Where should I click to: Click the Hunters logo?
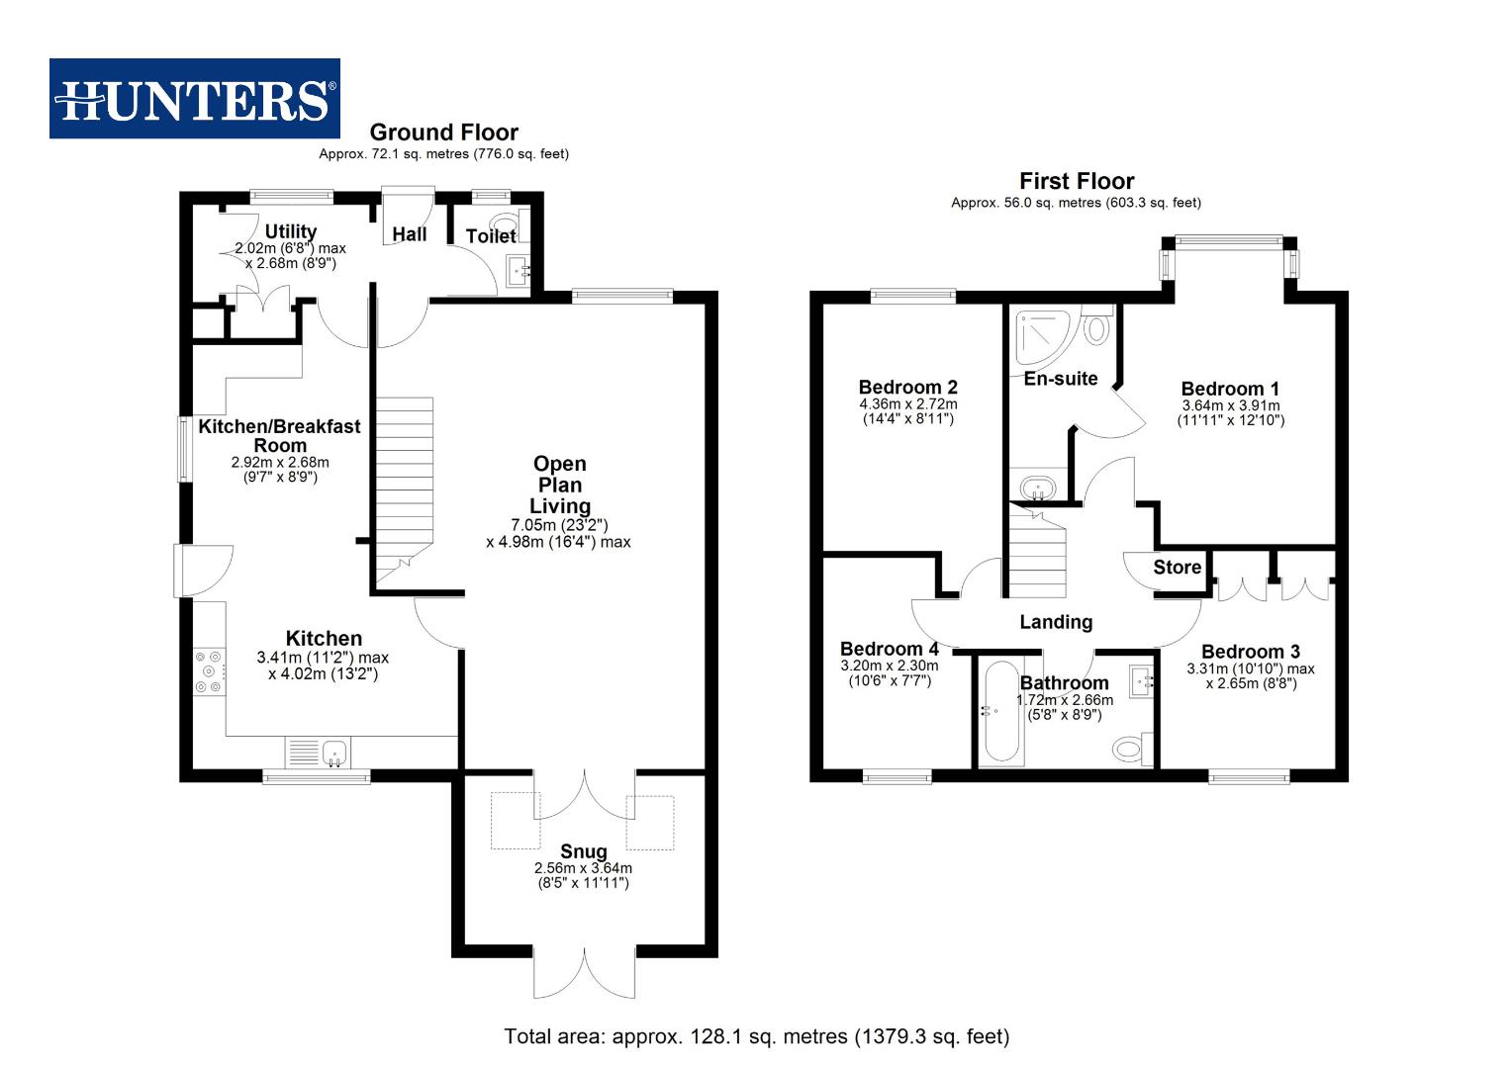195,99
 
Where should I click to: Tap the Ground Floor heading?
443,133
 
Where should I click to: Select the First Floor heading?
1077,181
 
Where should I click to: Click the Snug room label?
583,851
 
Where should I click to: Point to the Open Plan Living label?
559,485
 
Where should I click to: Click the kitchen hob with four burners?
210,671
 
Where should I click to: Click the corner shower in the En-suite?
1040,336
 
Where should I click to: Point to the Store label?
1177,568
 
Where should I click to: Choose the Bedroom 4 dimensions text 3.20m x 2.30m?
889,666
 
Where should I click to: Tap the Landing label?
1056,622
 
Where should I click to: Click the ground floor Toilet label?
491,235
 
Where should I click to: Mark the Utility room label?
290,231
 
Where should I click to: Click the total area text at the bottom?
756,1036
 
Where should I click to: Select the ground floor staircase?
404,485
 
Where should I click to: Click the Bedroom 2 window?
913,296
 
